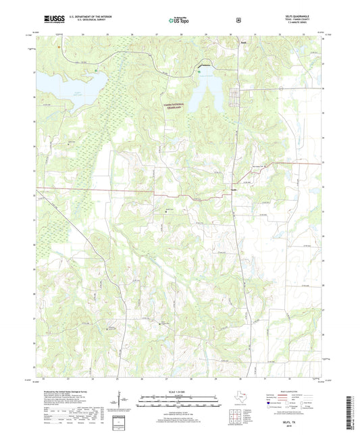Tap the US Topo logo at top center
(179, 21)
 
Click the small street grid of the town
(238, 95)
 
